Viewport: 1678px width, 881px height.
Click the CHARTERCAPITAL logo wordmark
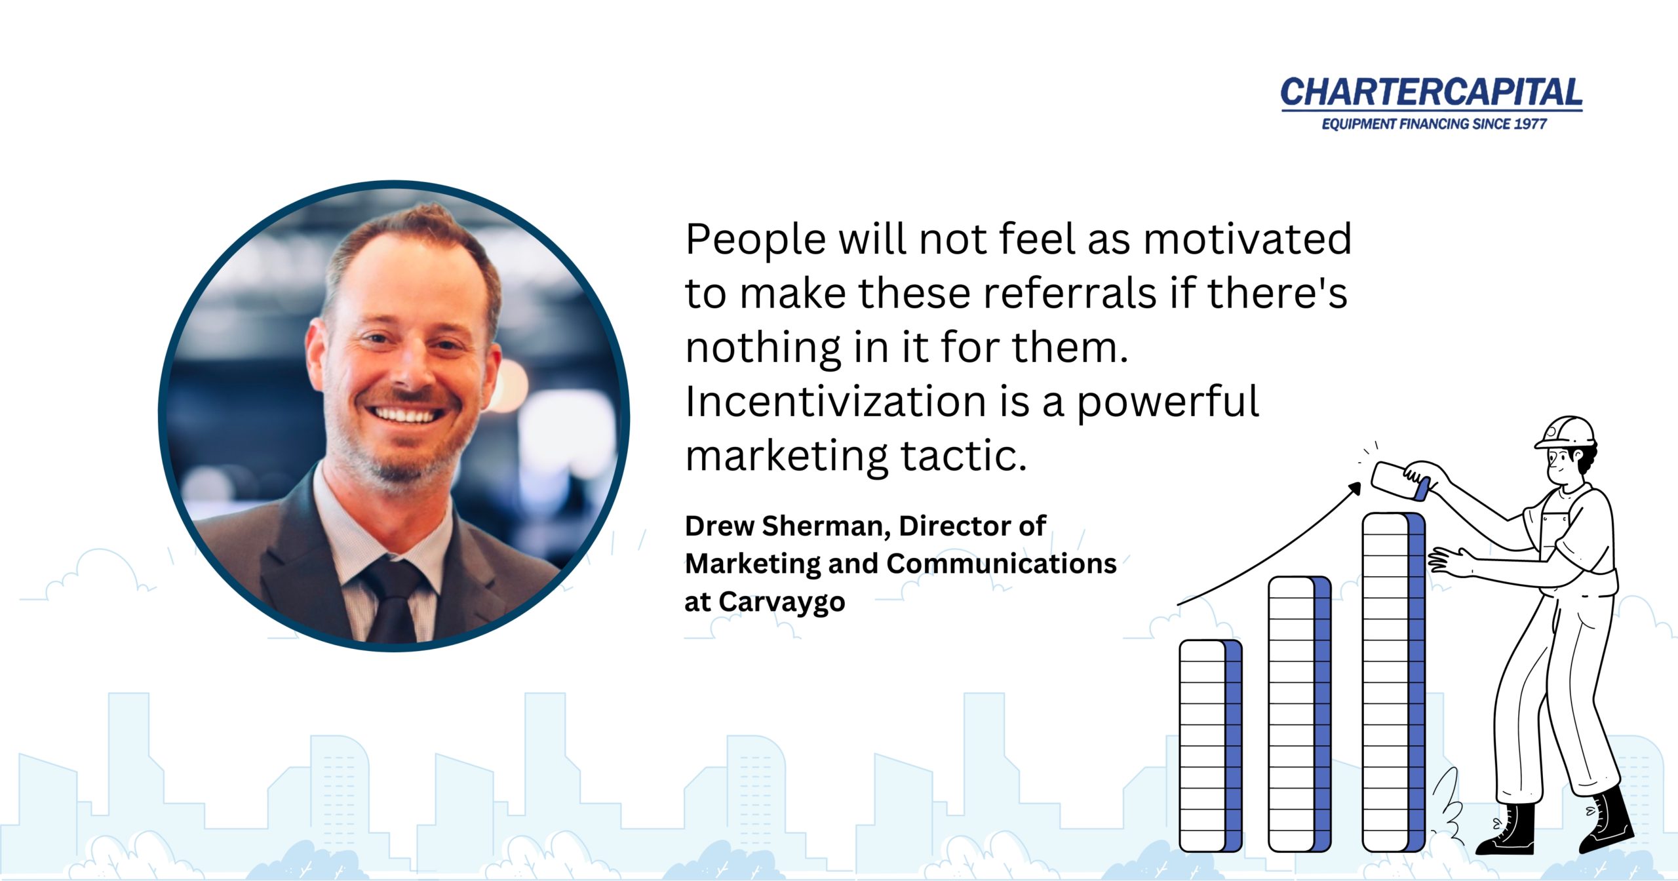pyautogui.click(x=1432, y=92)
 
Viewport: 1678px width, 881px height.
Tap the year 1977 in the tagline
pyautogui.click(x=1530, y=124)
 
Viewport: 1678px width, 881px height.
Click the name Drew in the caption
pyautogui.click(x=719, y=526)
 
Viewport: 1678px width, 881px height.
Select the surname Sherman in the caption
pyautogui.click(x=827, y=527)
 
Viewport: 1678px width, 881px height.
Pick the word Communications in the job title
pyautogui.click(x=1002, y=564)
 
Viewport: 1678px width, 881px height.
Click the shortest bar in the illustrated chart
pyautogui.click(x=1211, y=746)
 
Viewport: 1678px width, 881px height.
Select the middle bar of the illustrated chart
pyautogui.click(x=1300, y=714)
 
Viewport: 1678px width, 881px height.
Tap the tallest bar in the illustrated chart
pyautogui.click(x=1394, y=682)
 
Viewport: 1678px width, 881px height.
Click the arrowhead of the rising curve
pyautogui.click(x=1354, y=488)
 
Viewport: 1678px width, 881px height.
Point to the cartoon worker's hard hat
pyautogui.click(x=1565, y=433)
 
